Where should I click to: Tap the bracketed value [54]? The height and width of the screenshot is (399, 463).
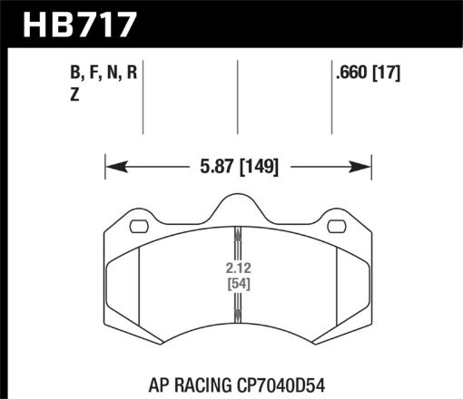(236, 285)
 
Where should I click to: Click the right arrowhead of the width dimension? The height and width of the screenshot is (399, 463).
(364, 167)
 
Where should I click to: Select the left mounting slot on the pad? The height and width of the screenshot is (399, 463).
(140, 228)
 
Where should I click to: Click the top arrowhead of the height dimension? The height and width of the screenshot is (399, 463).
(236, 230)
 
